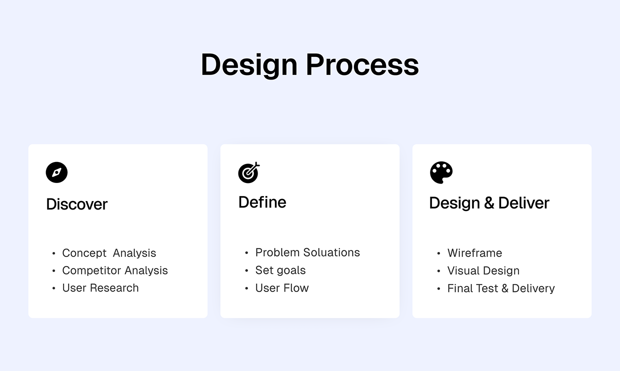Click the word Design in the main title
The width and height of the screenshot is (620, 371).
[249, 64]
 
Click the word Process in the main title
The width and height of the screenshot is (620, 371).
[362, 64]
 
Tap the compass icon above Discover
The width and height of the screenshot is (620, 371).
[56, 172]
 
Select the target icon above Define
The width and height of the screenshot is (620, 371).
[249, 172]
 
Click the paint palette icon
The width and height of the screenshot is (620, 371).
[441, 172]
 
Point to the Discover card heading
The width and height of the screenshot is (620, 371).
[76, 204]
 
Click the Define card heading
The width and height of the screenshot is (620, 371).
[262, 202]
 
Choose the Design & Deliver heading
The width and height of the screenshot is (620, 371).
[489, 203]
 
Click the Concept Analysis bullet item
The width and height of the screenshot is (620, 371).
[109, 253]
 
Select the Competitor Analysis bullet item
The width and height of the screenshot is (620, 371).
[114, 270]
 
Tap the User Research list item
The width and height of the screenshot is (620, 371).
[100, 288]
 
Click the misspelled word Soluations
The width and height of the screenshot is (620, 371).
[332, 252]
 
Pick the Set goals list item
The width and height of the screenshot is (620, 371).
[280, 270]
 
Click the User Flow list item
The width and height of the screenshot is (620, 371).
[281, 288]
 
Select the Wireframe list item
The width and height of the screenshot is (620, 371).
[474, 253]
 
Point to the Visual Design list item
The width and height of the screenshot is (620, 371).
[483, 270]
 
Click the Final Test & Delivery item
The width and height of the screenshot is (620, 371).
[500, 288]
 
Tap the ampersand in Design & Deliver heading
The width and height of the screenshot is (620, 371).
[489, 203]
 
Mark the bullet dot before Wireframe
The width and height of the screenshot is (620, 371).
[438, 254]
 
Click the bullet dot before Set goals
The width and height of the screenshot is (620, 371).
[246, 271]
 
